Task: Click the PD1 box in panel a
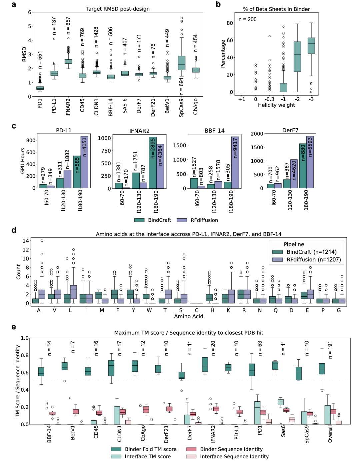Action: click(40, 88)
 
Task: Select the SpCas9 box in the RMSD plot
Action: click(181, 63)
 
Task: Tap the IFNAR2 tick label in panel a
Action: click(68, 107)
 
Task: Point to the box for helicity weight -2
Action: click(297, 57)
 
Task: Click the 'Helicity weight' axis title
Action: click(276, 105)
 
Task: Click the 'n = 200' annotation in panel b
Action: click(247, 19)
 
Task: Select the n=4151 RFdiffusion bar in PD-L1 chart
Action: click(84, 162)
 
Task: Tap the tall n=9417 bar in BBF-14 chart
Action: click(235, 162)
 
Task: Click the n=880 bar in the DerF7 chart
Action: click(303, 166)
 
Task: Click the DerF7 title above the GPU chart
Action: click(290, 130)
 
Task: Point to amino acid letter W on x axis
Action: click(149, 310)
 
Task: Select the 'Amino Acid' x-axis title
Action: click(188, 316)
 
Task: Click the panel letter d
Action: click(14, 230)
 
